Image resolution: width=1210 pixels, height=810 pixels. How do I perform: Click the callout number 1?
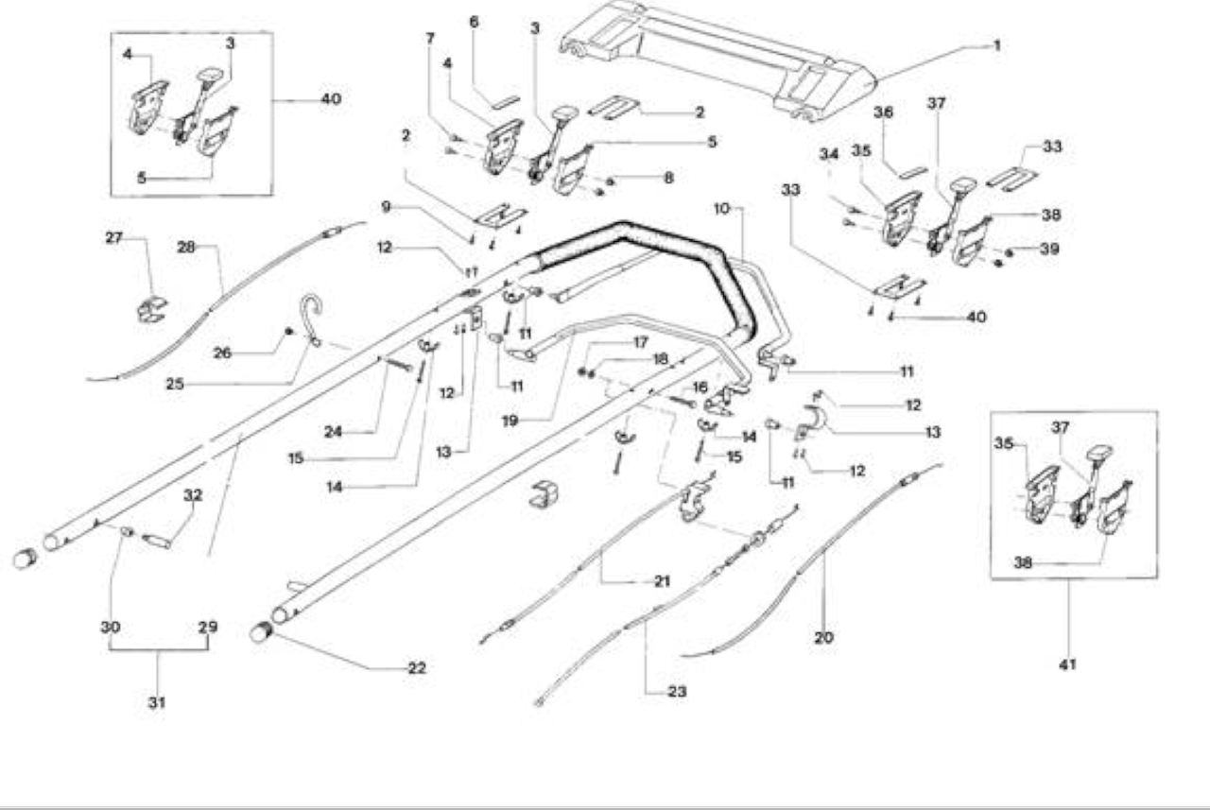(x=997, y=46)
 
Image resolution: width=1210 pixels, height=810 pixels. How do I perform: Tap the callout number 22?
(x=417, y=668)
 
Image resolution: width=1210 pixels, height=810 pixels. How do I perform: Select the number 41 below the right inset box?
(x=1068, y=664)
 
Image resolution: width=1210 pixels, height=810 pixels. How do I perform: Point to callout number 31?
(x=157, y=702)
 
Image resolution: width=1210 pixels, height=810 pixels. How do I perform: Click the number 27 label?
(x=114, y=237)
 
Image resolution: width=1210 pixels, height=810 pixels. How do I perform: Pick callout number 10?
(x=721, y=209)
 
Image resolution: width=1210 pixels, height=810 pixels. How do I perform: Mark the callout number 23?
(x=677, y=692)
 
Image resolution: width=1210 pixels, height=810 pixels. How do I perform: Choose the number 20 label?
(x=823, y=638)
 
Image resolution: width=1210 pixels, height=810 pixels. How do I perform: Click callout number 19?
(x=510, y=421)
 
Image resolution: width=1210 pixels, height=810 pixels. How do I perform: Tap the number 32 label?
(x=193, y=495)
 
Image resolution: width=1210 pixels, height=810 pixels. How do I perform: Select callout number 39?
(x=1049, y=249)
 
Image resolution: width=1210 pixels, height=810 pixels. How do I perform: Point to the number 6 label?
(x=474, y=22)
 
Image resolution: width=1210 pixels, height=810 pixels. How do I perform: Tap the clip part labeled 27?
(x=152, y=309)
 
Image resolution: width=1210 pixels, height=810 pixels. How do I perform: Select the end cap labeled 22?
(x=262, y=632)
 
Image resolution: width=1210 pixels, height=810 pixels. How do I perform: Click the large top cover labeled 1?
(x=718, y=60)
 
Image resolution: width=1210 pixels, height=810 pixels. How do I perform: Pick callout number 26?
(x=222, y=353)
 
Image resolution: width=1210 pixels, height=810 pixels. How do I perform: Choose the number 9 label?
(x=386, y=207)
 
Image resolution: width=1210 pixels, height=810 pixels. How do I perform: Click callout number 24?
(x=334, y=432)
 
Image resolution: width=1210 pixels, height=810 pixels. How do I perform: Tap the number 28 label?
(x=186, y=248)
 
